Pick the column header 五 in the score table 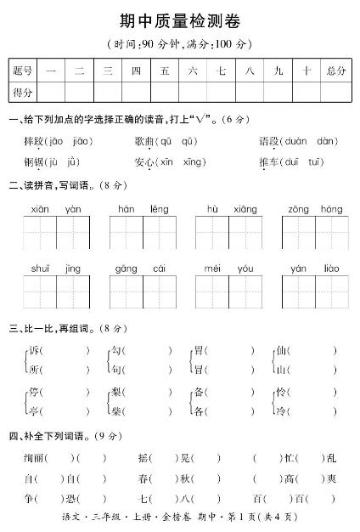click(x=164, y=71)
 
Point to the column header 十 click(x=305, y=71)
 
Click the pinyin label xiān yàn click(x=56, y=208)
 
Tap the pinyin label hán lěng click(x=143, y=208)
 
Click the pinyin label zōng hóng click(x=315, y=208)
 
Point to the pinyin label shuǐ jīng click(x=56, y=269)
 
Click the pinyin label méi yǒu click(x=229, y=269)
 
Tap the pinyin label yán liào click(x=315, y=269)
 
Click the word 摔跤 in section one click(x=35, y=140)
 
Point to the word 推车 click(x=269, y=161)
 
